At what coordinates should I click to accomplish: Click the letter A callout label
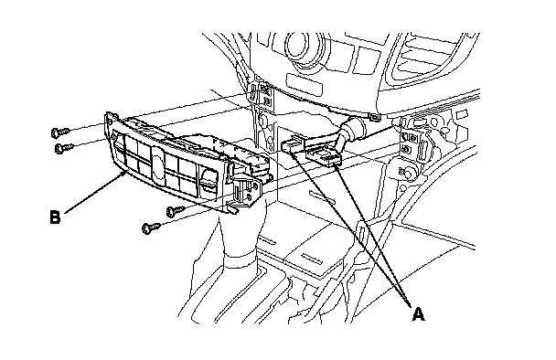(419, 314)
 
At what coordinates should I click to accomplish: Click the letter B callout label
(55, 217)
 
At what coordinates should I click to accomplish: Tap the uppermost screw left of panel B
(60, 132)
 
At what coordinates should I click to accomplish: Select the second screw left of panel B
(64, 147)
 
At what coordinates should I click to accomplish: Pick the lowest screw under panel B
(152, 228)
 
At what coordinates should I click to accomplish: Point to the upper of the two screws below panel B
(176, 210)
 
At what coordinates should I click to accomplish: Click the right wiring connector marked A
(326, 157)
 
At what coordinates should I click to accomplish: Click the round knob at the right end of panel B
(209, 178)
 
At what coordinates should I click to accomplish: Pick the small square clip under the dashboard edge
(374, 117)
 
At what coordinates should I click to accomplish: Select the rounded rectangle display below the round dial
(305, 83)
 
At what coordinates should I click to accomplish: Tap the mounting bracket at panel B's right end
(244, 193)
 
